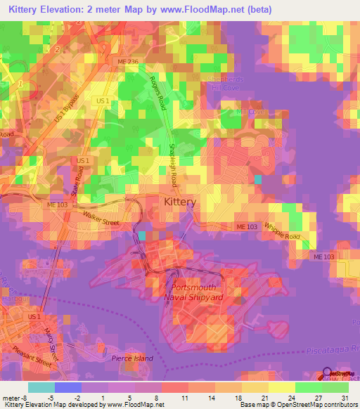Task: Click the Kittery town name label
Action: [x=179, y=202]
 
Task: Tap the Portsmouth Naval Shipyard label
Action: [x=193, y=292]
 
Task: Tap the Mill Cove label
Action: [x=250, y=111]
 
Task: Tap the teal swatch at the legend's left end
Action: [x=41, y=387]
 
